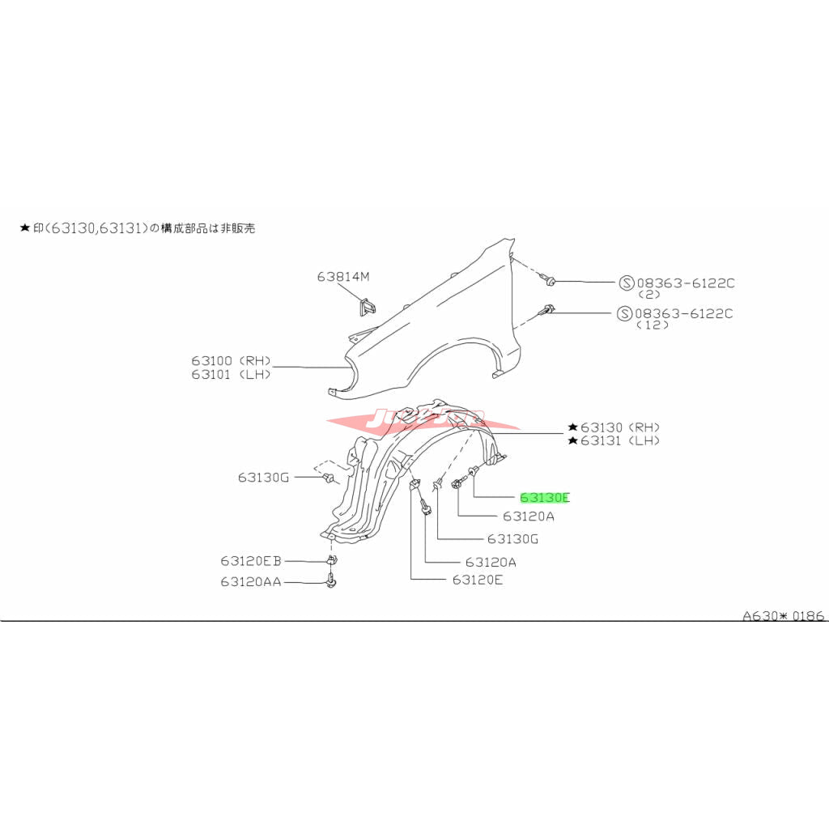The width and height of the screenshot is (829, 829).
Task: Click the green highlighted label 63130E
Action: (544, 498)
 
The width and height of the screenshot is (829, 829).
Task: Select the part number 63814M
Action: (342, 277)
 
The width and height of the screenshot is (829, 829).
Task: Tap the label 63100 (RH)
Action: (231, 360)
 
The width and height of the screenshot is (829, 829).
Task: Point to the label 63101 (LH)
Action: (231, 375)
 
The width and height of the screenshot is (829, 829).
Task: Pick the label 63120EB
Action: (250, 560)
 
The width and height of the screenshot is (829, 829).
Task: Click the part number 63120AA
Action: (250, 581)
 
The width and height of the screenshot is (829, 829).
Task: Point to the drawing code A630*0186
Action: (784, 616)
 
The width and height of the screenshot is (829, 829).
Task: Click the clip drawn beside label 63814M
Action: (368, 307)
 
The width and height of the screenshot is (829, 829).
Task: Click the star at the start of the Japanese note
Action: (25, 229)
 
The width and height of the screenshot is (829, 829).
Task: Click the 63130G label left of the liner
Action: (263, 478)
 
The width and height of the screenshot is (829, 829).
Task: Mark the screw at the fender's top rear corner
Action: (550, 280)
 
